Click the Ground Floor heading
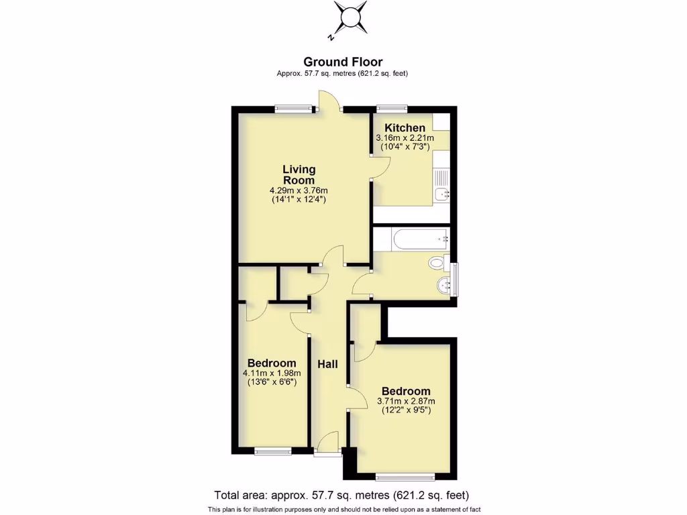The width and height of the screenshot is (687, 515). point(343,62)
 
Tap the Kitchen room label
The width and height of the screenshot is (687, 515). point(405,128)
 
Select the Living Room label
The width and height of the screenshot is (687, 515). point(299,175)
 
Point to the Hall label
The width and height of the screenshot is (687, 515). point(327,364)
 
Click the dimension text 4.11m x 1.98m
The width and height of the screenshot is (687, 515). point(271,374)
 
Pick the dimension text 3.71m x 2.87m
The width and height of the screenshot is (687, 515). point(405,402)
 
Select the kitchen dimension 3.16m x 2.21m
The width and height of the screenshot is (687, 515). point(404,138)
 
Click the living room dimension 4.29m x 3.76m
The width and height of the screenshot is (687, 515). point(299,190)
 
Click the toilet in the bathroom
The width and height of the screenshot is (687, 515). point(438,263)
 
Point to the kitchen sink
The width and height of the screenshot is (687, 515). point(441,194)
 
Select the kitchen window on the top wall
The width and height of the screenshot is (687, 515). point(392,107)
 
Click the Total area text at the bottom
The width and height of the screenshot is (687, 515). point(341,496)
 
